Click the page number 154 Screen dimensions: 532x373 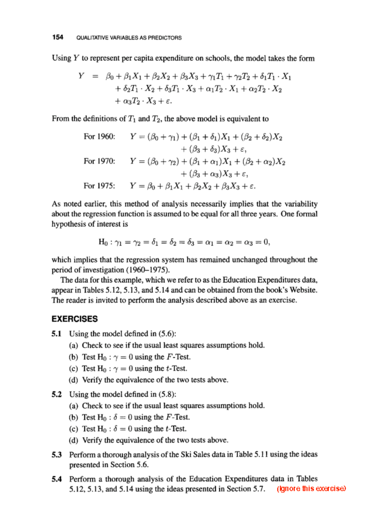[x=58, y=37]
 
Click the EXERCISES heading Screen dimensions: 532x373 [x=75, y=319]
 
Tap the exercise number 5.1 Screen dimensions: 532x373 [x=57, y=334]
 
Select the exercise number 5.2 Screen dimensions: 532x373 [x=57, y=394]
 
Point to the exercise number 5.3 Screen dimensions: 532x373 [x=57, y=455]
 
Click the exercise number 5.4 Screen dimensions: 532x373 [x=57, y=479]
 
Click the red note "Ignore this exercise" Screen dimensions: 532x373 [x=311, y=488]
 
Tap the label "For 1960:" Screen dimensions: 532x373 [x=99, y=137]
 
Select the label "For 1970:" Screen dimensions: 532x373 [x=99, y=161]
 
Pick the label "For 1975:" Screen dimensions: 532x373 [x=99, y=186]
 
